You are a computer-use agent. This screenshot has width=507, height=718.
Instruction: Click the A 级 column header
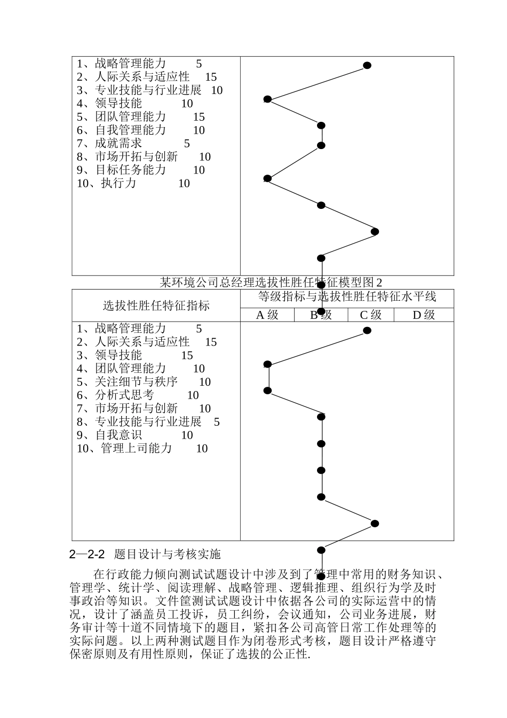click(x=267, y=315)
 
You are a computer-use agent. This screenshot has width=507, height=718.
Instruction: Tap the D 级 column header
click(x=424, y=315)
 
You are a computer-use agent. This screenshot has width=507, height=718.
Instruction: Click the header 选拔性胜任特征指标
click(x=156, y=306)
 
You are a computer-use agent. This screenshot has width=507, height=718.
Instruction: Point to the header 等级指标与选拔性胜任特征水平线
click(x=347, y=296)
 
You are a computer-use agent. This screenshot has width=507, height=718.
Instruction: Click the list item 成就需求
click(x=118, y=143)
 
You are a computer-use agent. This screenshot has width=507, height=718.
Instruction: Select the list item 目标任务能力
click(x=130, y=170)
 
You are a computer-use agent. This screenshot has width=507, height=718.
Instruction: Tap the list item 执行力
click(x=118, y=183)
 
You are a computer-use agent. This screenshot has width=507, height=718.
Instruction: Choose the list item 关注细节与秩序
click(x=136, y=382)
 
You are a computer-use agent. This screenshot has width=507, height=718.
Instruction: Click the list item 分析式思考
click(x=124, y=395)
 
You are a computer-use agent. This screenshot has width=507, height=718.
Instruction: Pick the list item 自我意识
click(x=118, y=435)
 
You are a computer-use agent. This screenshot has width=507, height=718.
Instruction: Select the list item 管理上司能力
click(x=136, y=448)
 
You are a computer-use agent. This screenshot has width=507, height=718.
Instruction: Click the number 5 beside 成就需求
click(x=187, y=143)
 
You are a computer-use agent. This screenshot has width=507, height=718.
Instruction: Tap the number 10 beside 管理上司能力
click(x=202, y=448)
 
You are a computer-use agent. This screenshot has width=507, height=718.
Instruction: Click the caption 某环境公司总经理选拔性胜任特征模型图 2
click(x=272, y=282)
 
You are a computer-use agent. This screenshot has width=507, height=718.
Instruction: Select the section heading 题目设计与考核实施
click(x=167, y=553)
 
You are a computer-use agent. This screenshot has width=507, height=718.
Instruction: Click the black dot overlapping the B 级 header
click(x=321, y=311)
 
